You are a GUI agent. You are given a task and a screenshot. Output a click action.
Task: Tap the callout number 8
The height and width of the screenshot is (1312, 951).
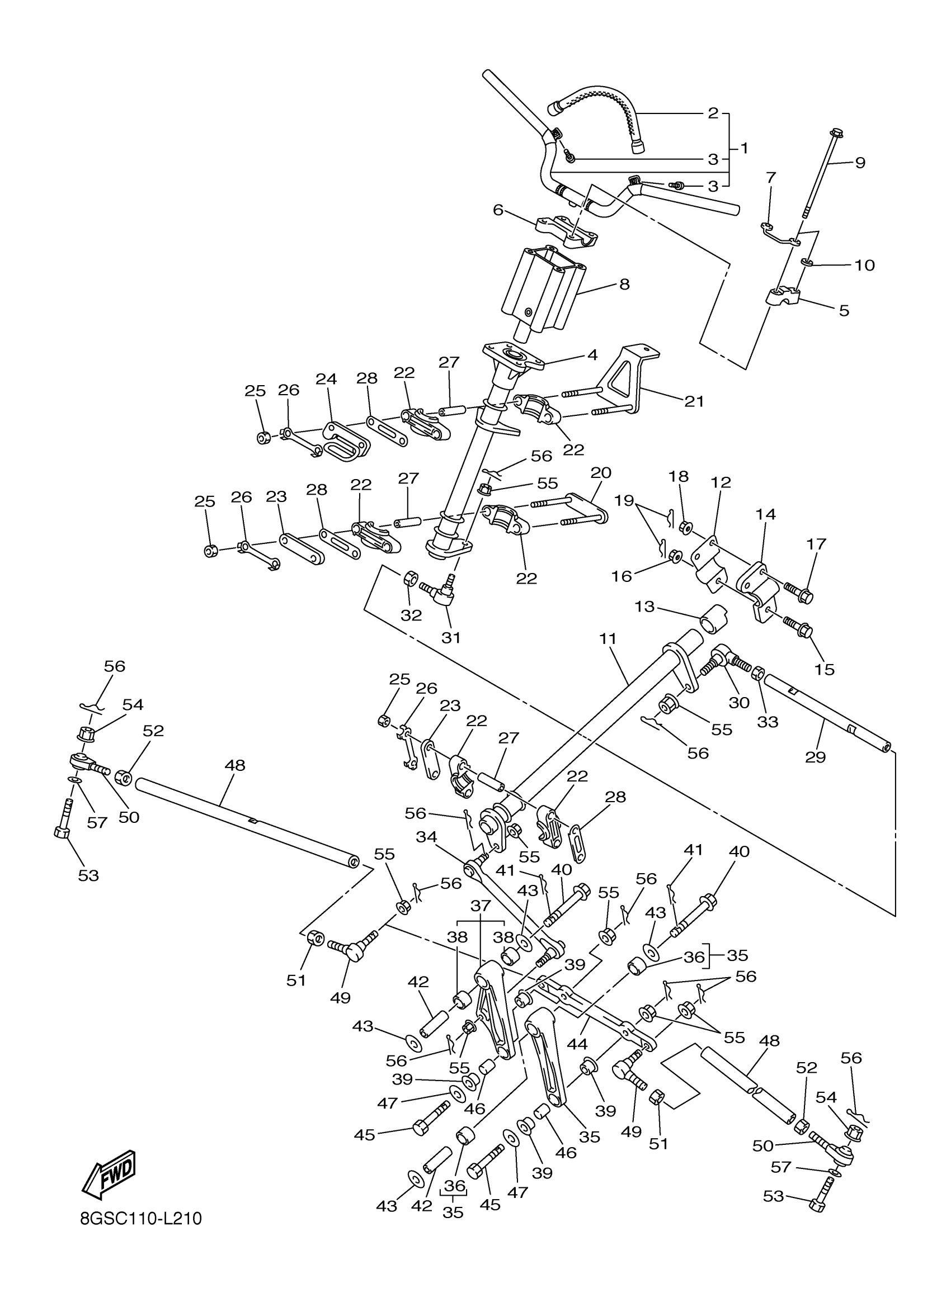[x=624, y=284]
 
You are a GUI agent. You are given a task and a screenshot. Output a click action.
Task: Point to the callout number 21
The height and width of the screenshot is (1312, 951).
[x=694, y=401]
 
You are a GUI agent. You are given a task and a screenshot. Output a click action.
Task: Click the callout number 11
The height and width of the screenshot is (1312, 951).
[x=608, y=639]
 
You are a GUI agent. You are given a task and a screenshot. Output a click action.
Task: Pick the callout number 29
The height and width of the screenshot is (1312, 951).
[x=815, y=757]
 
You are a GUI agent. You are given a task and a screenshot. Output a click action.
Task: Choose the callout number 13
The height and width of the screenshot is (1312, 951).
[x=644, y=607]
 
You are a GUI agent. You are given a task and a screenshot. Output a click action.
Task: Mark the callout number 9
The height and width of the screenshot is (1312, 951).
[x=860, y=163]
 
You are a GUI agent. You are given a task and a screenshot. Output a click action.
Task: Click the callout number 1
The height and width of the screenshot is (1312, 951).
[x=745, y=148]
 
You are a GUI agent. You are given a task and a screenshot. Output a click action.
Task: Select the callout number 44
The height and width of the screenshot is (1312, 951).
[x=577, y=1044]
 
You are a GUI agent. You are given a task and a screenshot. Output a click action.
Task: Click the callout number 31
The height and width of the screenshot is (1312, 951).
[x=451, y=637]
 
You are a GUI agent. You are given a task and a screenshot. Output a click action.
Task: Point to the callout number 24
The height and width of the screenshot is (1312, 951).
[x=326, y=379]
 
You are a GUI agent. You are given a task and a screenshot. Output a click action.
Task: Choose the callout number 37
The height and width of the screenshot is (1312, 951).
[x=481, y=906]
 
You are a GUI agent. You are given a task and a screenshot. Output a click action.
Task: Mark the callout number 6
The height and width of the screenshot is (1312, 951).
[x=498, y=210]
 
